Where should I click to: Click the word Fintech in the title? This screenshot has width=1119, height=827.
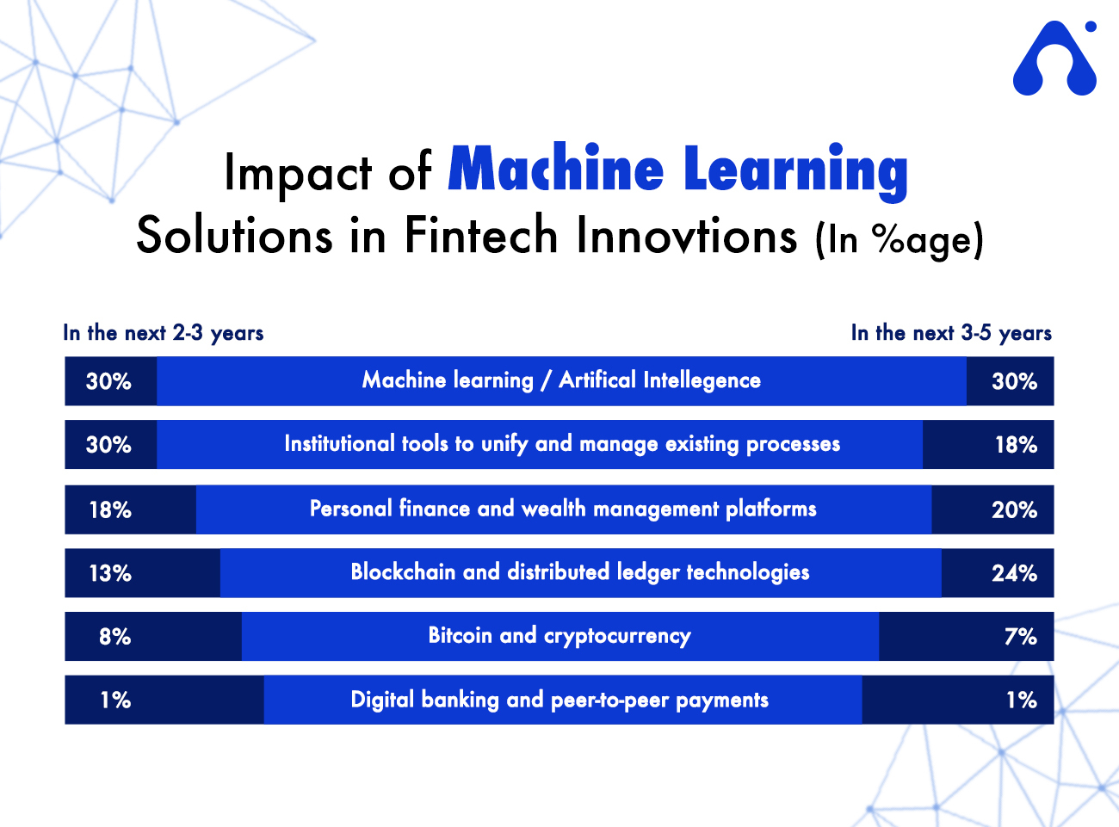481,235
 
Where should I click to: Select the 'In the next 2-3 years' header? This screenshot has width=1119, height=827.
163,333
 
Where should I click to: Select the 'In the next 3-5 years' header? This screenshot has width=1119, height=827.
951,333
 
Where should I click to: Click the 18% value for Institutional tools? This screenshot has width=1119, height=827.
1016,445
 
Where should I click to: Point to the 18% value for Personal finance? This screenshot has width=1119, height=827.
110,509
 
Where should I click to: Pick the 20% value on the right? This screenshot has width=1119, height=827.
1014,509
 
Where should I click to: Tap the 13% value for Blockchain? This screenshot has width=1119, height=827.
110,573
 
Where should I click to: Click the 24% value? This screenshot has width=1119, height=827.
1014,573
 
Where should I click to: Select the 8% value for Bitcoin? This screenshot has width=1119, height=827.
115,637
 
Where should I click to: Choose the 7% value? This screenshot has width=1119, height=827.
1021,637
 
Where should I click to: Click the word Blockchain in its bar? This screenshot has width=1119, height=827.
403,571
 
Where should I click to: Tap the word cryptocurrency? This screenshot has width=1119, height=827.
617,636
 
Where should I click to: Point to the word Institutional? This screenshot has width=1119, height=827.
339,443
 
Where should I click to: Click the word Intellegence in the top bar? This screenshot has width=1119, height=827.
702,380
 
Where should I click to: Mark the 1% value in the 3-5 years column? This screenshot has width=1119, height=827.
1022,700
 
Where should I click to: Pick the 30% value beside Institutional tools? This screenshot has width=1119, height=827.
108,445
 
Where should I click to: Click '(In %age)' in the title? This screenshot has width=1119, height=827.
899,240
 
